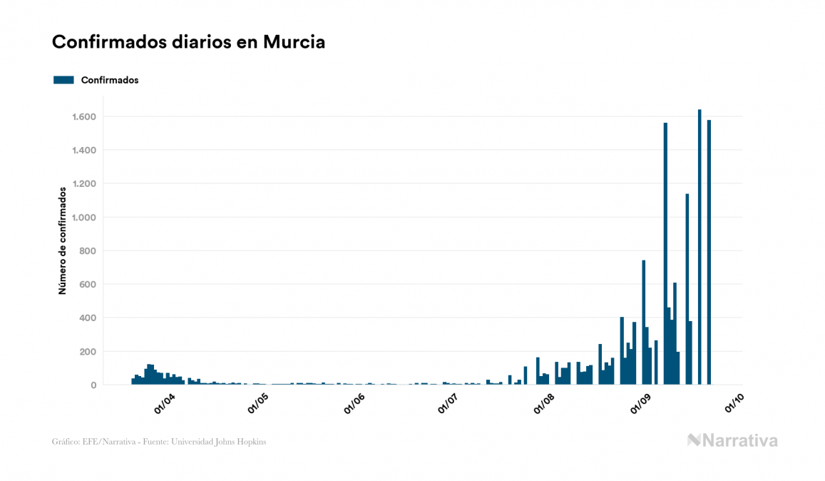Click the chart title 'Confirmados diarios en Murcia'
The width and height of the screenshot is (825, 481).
pyautogui.click(x=188, y=42)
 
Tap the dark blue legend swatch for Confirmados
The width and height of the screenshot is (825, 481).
pyautogui.click(x=63, y=80)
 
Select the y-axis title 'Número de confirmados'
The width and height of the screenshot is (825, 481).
pyautogui.click(x=63, y=241)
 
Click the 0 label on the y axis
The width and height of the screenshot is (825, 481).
pyautogui.click(x=93, y=385)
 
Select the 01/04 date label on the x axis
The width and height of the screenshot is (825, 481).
pyautogui.click(x=165, y=403)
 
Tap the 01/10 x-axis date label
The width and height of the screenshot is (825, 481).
pyautogui.click(x=734, y=403)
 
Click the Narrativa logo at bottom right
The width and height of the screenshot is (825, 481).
pyautogui.click(x=732, y=440)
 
